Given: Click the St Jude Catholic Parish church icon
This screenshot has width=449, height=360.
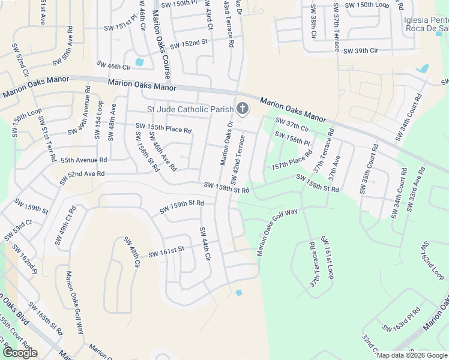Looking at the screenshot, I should [243, 109].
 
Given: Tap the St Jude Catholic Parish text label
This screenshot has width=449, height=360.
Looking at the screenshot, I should [190, 109].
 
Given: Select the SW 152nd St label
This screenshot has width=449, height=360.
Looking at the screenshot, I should [188, 44].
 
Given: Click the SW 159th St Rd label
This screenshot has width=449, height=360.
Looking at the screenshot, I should [182, 207].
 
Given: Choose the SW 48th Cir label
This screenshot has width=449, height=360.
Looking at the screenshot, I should [131, 251].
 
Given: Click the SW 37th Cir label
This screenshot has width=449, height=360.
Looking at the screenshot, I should [292, 124].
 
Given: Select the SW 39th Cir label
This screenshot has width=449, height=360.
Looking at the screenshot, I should [361, 51].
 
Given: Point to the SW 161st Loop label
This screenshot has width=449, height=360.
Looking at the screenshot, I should [327, 257].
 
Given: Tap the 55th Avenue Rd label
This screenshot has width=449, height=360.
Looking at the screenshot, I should [83, 160].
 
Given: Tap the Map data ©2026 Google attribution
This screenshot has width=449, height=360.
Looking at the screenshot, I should [412, 355].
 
